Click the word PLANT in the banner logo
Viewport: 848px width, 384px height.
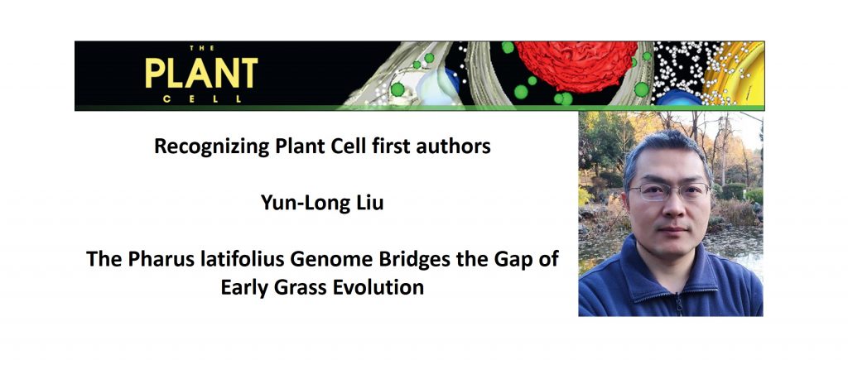201,74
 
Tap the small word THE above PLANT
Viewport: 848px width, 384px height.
202,49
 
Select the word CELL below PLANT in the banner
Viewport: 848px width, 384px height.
202,99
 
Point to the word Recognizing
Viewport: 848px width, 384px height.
204,148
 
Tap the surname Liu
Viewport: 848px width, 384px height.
365,203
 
